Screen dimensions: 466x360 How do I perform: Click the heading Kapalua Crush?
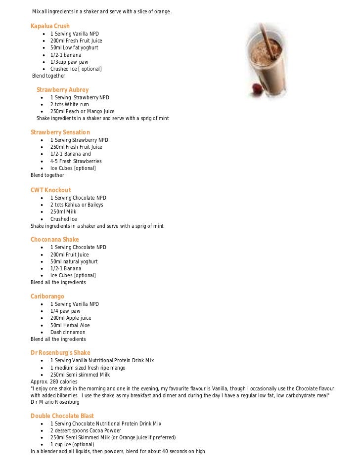coord(50,26)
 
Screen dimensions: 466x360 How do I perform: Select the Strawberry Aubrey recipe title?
coord(62,90)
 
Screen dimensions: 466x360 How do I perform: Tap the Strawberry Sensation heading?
coord(60,132)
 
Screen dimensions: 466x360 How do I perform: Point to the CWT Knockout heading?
coord(50,190)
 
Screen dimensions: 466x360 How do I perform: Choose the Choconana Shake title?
coord(54,240)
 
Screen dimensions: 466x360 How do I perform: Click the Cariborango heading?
coord(47,297)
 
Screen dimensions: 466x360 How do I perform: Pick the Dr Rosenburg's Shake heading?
coord(60,353)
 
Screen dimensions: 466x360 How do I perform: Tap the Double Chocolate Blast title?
coord(62,416)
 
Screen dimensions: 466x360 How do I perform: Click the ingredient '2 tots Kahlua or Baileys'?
coord(77,205)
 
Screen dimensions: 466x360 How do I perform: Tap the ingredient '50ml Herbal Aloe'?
coord(70,325)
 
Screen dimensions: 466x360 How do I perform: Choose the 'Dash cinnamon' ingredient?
coord(68,333)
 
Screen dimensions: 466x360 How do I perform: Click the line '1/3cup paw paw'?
coord(69,62)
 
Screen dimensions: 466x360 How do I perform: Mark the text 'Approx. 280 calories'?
coord(54,382)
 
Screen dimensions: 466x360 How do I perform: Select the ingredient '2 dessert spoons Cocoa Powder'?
coord(86,430)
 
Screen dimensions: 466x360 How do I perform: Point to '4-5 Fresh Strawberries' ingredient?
coord(76,161)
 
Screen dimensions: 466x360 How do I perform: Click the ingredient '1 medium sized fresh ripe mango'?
coord(88,368)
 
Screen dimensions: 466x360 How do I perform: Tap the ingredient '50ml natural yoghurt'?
coord(74,261)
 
